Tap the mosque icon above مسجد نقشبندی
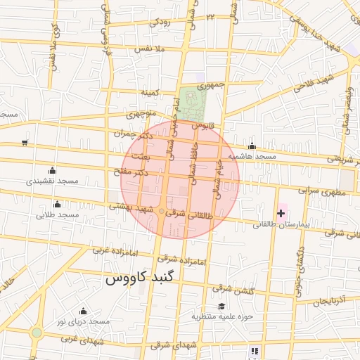point(52,169)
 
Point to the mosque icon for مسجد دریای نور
point(84,311)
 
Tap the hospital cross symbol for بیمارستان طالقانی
point(281,212)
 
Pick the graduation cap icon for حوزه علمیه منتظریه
point(222,306)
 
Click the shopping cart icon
point(25,143)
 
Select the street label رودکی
point(160,22)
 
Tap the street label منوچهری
point(139,112)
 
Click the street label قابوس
point(202,125)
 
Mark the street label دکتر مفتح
point(131,172)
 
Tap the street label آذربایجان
point(330,301)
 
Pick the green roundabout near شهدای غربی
point(37,333)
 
